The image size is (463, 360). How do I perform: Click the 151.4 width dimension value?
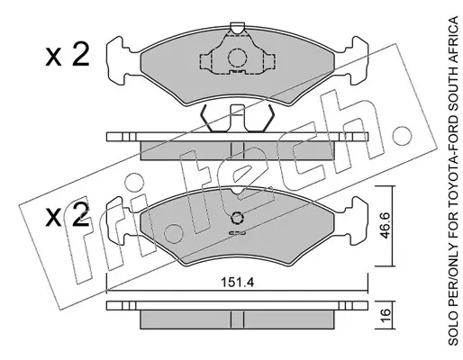pyautogui.click(x=237, y=283)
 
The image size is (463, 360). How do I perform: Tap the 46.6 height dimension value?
pyautogui.click(x=385, y=225)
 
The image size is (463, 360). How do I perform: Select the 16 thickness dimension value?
pyautogui.click(x=385, y=315)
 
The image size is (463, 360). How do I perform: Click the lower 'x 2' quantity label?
pyautogui.click(x=68, y=214)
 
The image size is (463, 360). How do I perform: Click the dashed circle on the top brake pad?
pyautogui.click(x=237, y=57)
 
